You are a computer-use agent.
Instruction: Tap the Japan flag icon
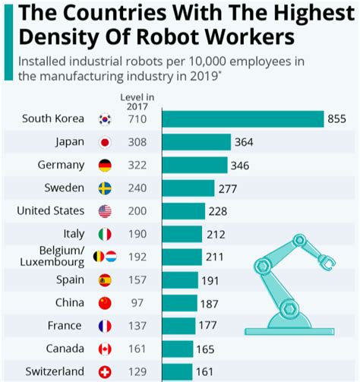105,142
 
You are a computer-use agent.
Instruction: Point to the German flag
105,166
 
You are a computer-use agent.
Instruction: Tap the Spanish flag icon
105,280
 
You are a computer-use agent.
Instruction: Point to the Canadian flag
105,349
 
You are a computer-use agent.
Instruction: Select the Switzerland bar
177,372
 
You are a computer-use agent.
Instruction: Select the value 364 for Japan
244,142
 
